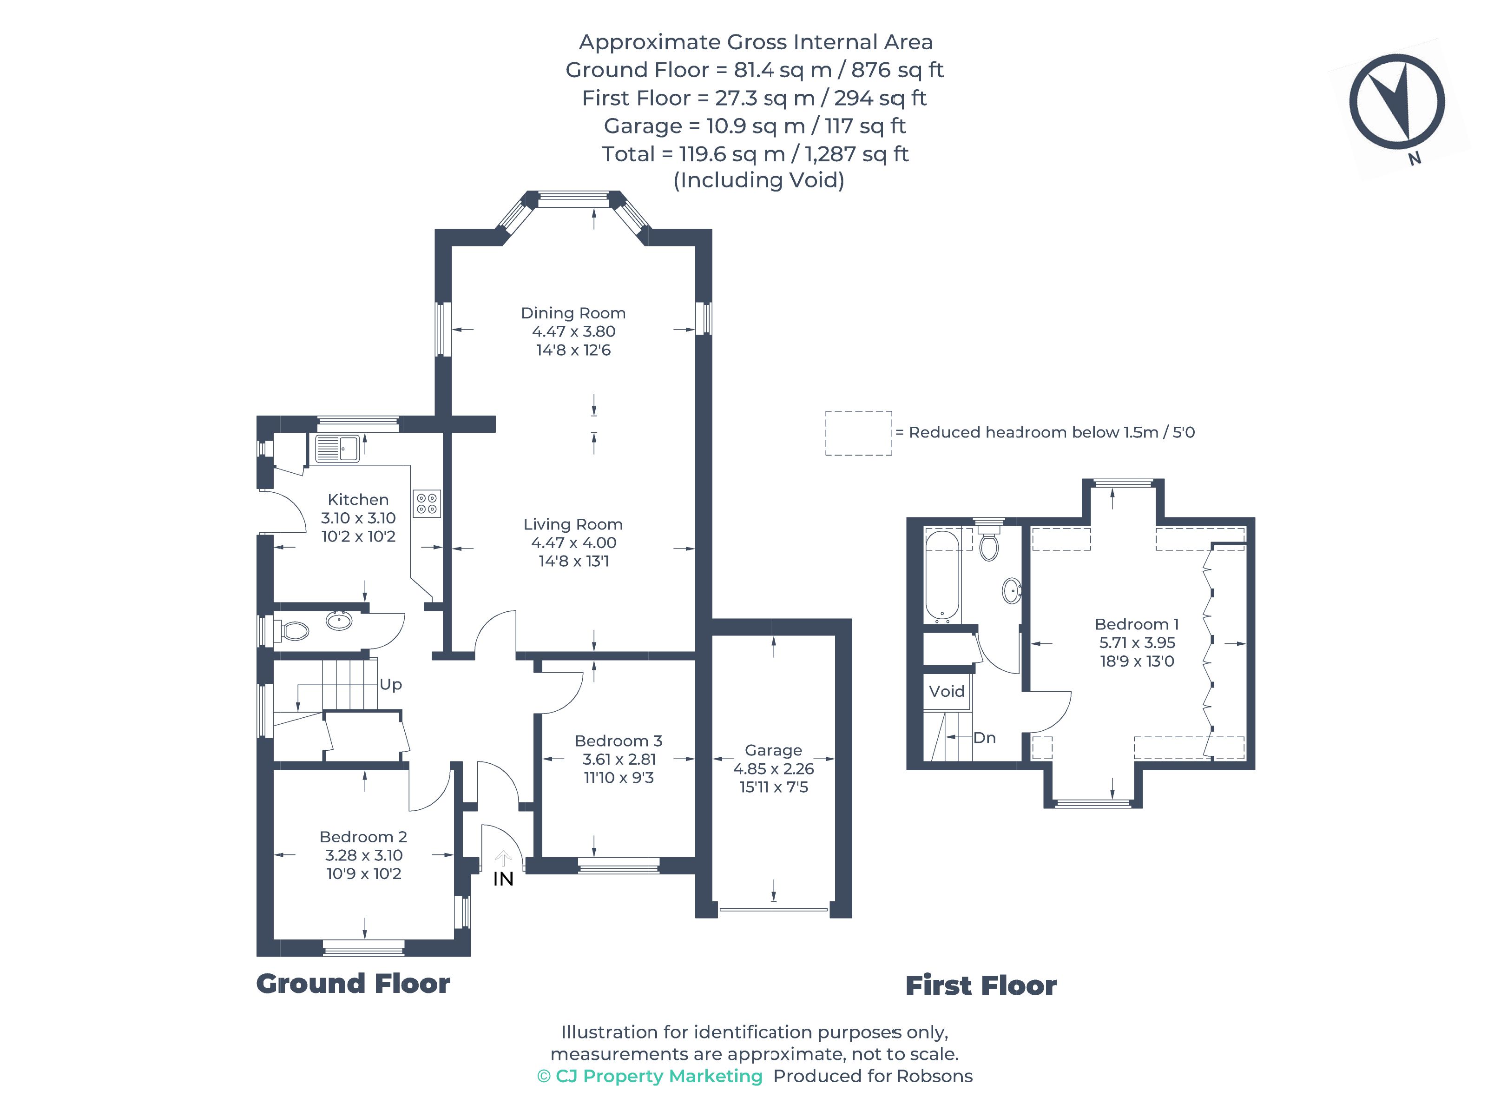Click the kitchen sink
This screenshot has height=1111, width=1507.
click(x=337, y=448)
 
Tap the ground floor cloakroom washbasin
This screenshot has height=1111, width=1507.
click(x=339, y=620)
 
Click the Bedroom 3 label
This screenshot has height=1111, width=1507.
click(x=619, y=741)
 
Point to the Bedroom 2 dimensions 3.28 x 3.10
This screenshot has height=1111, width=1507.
click(x=364, y=855)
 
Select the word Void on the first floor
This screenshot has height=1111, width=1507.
click(x=947, y=691)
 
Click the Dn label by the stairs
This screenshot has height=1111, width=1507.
click(x=984, y=738)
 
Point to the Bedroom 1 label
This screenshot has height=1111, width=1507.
click(x=1137, y=624)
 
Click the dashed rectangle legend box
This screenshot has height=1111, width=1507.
click(x=858, y=433)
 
